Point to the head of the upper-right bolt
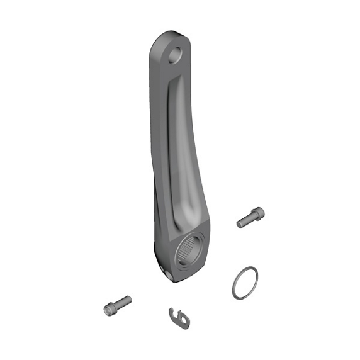[258, 213]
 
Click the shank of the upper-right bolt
[245, 221]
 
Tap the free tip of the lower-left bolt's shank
[130, 298]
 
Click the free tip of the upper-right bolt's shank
[239, 224]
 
